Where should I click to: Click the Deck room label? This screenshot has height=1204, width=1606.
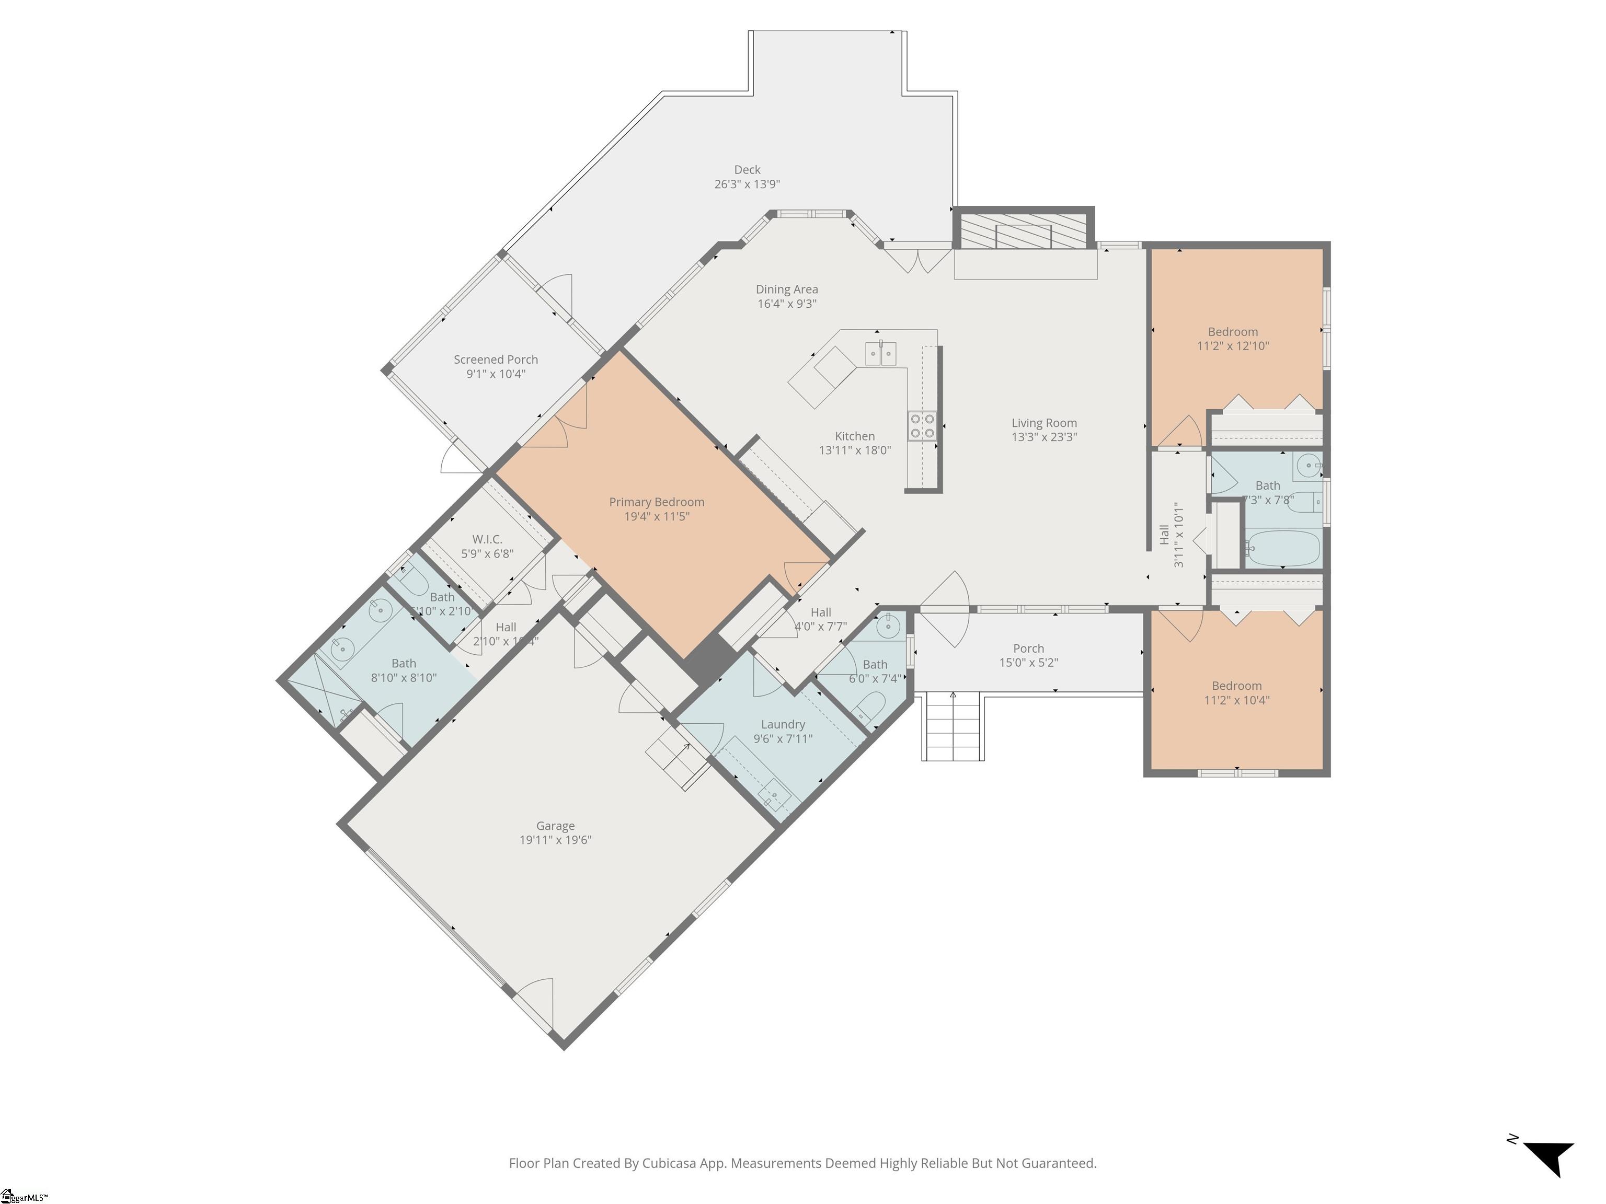point(747,170)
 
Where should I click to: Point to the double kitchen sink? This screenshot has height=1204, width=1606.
point(880,353)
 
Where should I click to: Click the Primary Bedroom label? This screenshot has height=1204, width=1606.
point(656,502)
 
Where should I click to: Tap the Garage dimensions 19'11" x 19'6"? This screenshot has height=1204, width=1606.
point(555,840)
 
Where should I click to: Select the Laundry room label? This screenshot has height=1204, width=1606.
point(783,724)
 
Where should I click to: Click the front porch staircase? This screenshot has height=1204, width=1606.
point(953,727)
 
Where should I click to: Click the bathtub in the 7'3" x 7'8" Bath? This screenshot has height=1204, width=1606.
point(1283,549)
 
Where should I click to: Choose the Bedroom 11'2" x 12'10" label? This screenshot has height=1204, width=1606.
point(1233,332)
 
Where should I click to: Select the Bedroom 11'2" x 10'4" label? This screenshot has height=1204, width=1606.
point(1236,686)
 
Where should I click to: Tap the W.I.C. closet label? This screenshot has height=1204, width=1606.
point(487,539)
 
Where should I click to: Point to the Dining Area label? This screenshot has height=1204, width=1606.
point(786,290)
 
